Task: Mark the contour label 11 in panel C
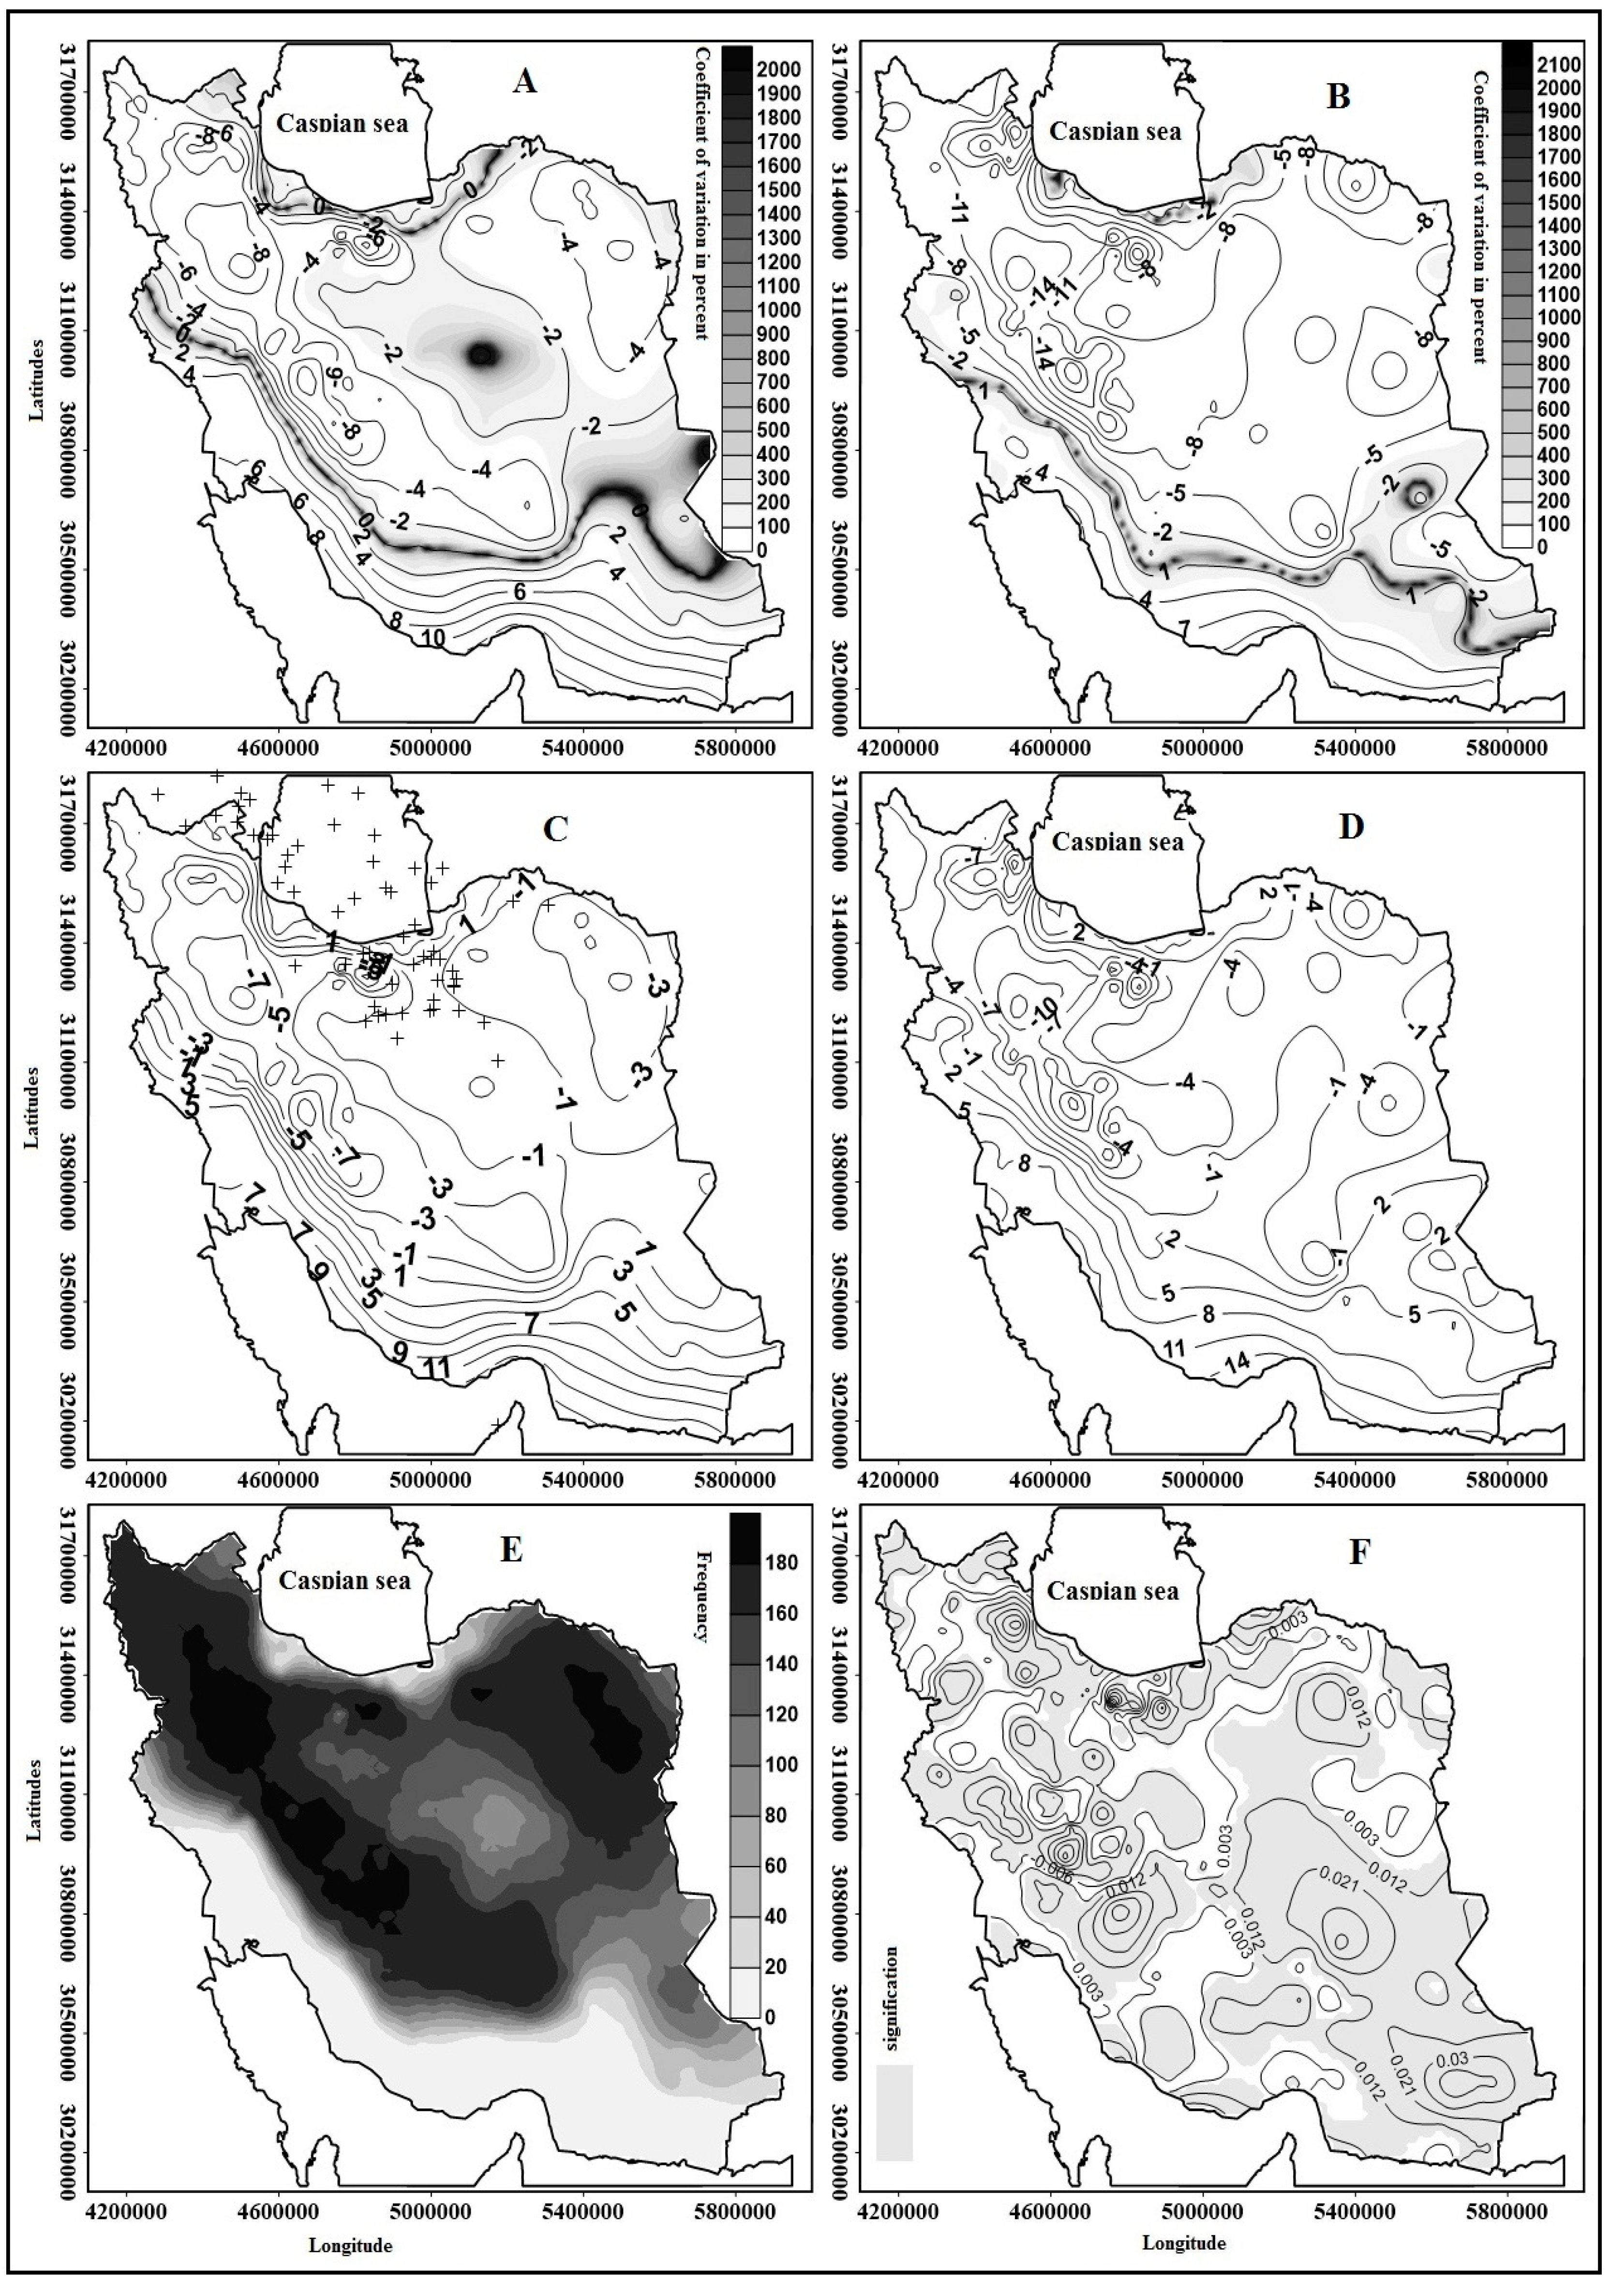click(437, 1368)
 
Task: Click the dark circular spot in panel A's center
click(484, 354)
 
